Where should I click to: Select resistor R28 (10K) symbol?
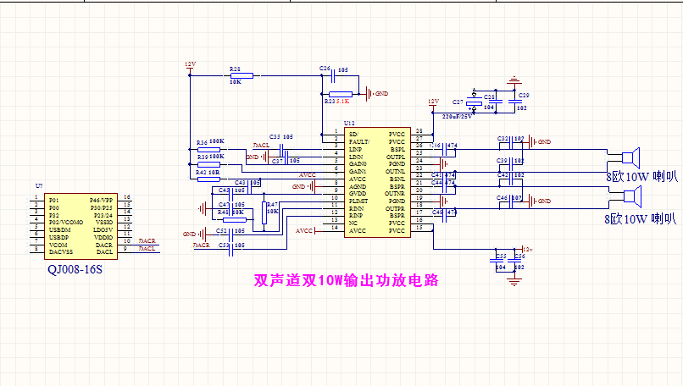coord(235,75)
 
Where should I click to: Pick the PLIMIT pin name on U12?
coord(358,201)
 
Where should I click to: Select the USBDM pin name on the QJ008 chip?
coord(60,229)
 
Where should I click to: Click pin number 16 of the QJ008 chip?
coord(125,196)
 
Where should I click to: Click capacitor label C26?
coord(325,68)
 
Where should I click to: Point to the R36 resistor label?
coord(201,141)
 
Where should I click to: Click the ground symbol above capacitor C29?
coord(512,82)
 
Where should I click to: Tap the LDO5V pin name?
coord(103,229)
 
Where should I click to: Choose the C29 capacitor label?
coord(523,95)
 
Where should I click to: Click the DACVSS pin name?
coord(61,251)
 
